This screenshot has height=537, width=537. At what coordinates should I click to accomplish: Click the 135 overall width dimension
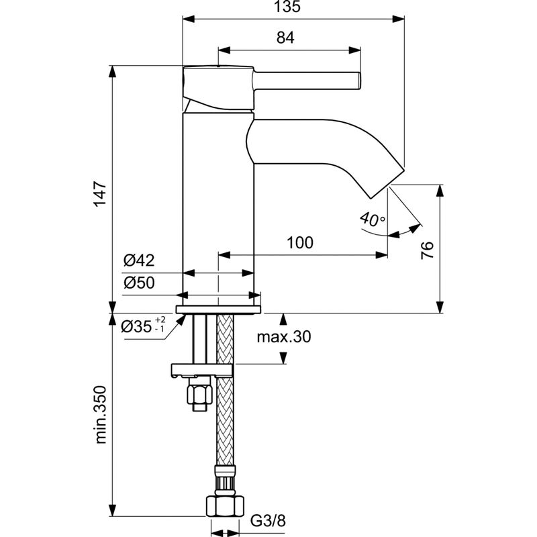(x=294, y=7)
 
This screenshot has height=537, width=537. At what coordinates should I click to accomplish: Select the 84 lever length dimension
(x=285, y=38)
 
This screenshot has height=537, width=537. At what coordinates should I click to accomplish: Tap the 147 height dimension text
(x=99, y=195)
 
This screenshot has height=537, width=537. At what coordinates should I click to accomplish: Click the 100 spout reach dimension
(x=299, y=243)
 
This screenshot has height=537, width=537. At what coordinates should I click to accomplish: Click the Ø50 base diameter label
(x=139, y=283)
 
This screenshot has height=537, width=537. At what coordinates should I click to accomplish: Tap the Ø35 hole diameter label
(x=136, y=328)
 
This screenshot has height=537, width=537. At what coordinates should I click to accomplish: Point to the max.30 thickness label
(x=284, y=337)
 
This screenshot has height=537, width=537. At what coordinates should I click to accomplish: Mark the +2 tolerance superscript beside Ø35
(x=160, y=320)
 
